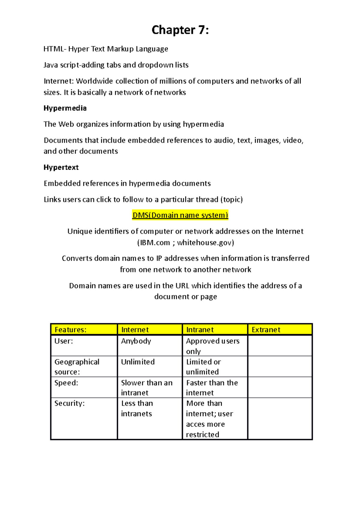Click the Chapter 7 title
(180, 30)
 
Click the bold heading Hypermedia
(65, 108)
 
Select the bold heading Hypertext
(61, 167)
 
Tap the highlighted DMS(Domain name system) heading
(180, 215)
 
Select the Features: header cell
(70, 330)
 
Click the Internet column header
(135, 330)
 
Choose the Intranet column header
(200, 330)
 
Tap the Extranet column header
(266, 330)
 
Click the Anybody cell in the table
(136, 341)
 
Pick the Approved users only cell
(212, 346)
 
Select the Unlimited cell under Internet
(138, 362)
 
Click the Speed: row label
(66, 383)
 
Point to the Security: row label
(69, 403)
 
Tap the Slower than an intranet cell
(146, 388)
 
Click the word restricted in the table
(202, 435)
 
